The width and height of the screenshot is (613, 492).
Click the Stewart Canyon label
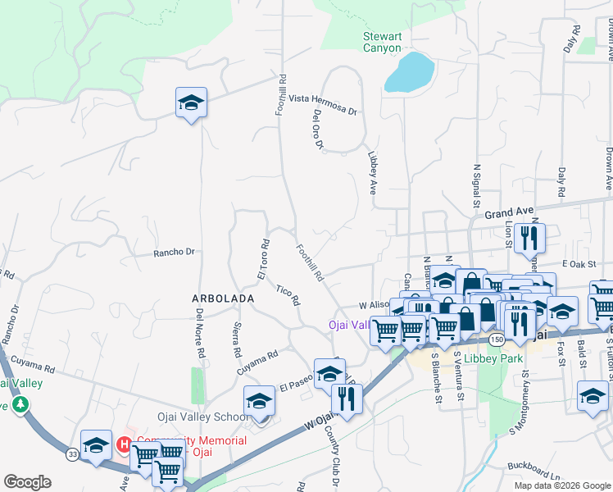tap(383, 42)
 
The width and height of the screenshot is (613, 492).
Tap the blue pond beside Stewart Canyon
tap(409, 72)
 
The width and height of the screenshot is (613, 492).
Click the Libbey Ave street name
tap(372, 166)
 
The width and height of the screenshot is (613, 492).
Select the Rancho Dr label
tap(174, 253)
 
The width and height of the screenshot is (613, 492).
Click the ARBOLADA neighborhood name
tap(223, 299)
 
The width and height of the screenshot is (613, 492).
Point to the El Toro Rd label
tap(264, 258)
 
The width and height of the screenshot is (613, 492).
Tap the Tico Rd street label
tap(288, 294)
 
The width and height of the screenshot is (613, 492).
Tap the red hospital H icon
tap(125, 445)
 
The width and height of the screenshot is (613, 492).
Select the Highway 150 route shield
tap(496, 338)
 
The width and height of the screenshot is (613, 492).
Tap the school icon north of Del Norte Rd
tap(191, 102)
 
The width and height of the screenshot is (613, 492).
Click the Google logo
tap(27, 482)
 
